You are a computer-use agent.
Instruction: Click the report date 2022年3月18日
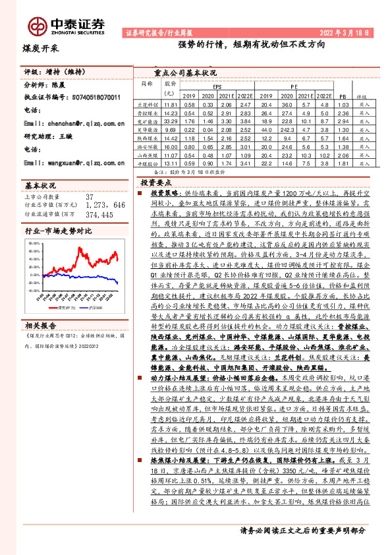click(343, 32)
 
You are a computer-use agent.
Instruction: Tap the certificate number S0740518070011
click(93, 97)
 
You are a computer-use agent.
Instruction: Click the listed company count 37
click(90, 196)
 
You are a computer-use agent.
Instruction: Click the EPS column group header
click(217, 86)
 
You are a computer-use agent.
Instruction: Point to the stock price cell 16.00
click(171, 148)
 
